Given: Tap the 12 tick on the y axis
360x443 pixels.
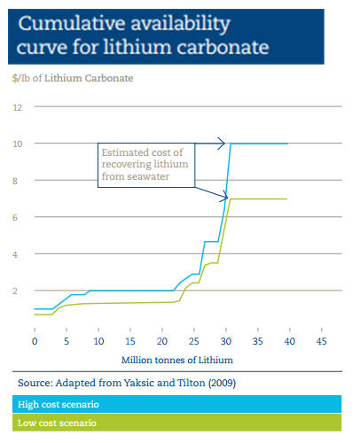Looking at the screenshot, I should click(x=16, y=107).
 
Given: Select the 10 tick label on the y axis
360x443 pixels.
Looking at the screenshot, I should click(x=16, y=144).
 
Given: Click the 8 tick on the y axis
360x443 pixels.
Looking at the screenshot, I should click(x=17, y=181).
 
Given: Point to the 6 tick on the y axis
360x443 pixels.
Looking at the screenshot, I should click(x=17, y=217).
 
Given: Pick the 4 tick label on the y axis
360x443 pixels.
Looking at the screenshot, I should click(x=17, y=254).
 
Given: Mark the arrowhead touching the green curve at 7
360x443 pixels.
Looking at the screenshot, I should click(x=224, y=196).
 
